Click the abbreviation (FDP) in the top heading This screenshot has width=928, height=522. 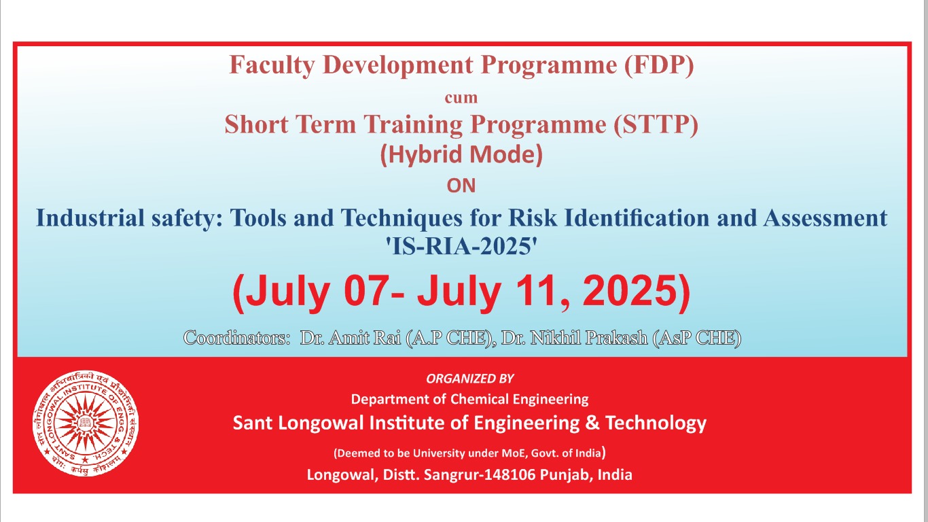[x=659, y=65]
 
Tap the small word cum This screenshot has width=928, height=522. [x=461, y=98]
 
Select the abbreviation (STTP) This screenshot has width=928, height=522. [x=656, y=124]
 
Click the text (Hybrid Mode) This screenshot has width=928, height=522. [x=461, y=155]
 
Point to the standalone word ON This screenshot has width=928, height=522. [x=461, y=186]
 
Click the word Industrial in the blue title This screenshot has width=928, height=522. [x=90, y=217]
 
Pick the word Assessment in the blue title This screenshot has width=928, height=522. [x=825, y=217]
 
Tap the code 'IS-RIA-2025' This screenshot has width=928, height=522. [x=461, y=246]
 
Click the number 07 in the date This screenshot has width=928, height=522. [x=365, y=291]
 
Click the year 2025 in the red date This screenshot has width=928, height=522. [x=630, y=291]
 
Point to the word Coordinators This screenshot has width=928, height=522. [x=236, y=338]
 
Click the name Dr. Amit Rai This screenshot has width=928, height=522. [x=351, y=338]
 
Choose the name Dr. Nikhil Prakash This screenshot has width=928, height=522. [x=575, y=338]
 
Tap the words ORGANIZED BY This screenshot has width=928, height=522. [x=470, y=379]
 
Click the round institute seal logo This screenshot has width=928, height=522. [x=86, y=423]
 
